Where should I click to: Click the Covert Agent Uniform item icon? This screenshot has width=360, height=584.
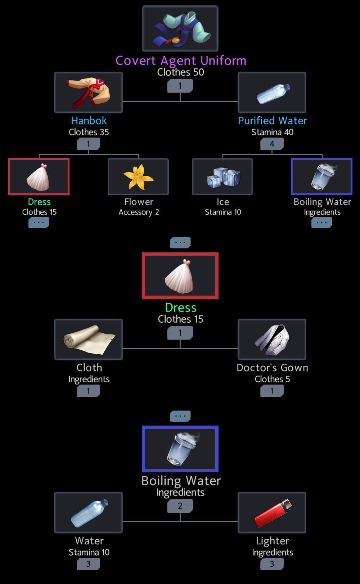(180, 29)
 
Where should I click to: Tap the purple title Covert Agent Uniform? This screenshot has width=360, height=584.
(181, 61)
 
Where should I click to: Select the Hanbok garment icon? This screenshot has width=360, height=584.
(88, 92)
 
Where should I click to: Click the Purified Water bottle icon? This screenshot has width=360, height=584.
(272, 92)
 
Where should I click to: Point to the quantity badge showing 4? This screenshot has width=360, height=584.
(272, 144)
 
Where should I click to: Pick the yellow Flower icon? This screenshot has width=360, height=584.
(138, 176)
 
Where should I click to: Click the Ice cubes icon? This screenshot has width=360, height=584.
(222, 176)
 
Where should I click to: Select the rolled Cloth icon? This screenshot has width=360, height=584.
(88, 339)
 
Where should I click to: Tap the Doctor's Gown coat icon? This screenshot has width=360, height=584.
(272, 339)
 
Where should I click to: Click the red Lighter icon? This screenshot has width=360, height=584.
(272, 513)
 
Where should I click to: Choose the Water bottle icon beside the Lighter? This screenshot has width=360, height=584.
(88, 513)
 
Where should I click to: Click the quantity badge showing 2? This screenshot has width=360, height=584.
(180, 506)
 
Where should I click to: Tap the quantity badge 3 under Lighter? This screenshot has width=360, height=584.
(272, 564)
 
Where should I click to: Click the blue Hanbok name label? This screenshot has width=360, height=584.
(89, 121)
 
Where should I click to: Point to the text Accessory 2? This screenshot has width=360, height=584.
(139, 212)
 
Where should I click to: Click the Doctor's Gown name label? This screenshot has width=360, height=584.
(273, 368)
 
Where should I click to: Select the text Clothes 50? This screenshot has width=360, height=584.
(181, 72)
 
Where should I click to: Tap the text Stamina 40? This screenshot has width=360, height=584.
(273, 132)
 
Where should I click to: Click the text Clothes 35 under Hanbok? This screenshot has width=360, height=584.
(89, 132)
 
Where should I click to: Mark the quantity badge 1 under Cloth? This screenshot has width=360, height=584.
(88, 391)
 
